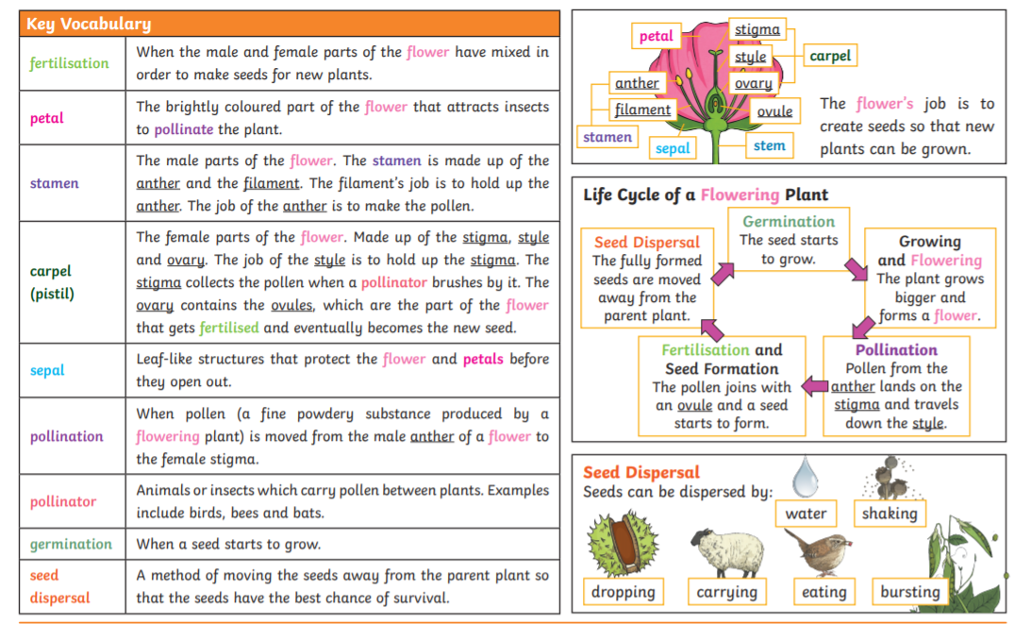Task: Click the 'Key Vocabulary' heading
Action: click(89, 24)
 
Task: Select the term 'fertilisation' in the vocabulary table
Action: click(69, 63)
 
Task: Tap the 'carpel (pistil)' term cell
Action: click(51, 282)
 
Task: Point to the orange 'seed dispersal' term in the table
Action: click(59, 586)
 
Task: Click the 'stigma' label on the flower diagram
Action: click(757, 30)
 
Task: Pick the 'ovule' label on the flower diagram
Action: click(774, 111)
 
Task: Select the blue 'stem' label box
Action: click(769, 145)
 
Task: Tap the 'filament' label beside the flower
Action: click(642, 110)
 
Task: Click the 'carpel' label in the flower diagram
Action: click(830, 57)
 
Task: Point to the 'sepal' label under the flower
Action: click(673, 148)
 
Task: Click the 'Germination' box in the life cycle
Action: click(789, 241)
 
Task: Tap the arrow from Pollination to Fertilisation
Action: click(814, 385)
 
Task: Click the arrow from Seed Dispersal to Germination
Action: click(721, 274)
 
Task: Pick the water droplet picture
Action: click(805, 476)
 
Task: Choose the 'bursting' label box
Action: click(909, 592)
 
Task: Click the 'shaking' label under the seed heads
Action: click(889, 514)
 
